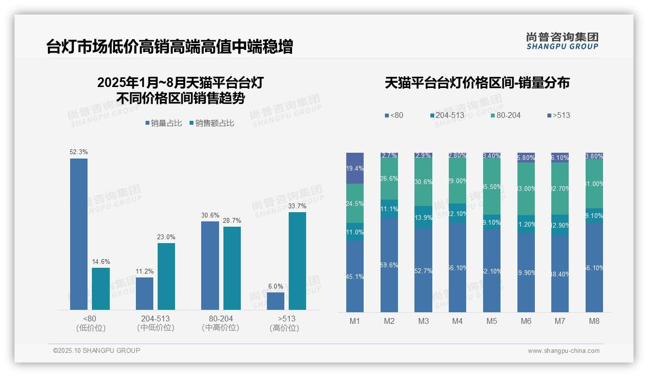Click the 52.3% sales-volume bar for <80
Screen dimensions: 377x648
79,234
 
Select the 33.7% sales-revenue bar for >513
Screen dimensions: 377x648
297,261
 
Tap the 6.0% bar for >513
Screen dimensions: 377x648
276,301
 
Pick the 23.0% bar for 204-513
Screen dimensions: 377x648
166,276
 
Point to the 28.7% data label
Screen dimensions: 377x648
232,220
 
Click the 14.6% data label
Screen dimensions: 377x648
101,261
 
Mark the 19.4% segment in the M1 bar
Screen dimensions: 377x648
355,168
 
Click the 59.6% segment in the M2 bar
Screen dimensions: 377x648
389,265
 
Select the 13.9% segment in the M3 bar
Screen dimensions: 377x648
424,217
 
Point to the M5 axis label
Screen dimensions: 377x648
492,321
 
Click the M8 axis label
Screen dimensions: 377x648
594,321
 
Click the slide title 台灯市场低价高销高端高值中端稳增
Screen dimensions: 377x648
169,47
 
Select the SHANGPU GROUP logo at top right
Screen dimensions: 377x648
562,41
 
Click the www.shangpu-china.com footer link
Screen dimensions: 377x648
563,351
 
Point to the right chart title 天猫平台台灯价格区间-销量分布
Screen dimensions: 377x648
477,83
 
